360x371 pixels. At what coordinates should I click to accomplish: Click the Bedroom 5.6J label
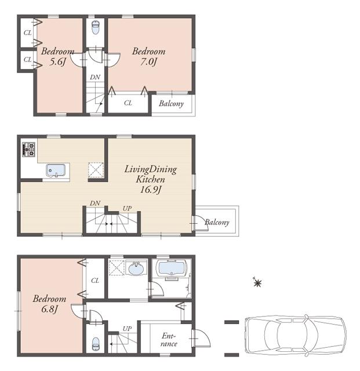57,56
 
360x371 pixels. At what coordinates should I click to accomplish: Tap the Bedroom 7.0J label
148,56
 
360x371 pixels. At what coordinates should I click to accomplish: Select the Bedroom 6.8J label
49,304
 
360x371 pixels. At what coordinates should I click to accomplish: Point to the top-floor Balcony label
172,104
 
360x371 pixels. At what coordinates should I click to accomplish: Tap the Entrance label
169,340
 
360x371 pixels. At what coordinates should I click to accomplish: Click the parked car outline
294,334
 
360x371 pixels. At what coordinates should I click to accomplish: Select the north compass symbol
257,283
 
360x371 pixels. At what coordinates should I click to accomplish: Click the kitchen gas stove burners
28,149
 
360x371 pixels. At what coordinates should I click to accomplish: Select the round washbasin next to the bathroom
137,269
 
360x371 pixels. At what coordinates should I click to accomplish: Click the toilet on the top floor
96,27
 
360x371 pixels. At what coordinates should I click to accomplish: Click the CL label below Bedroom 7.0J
128,103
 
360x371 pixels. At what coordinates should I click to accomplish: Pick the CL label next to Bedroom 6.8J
94,280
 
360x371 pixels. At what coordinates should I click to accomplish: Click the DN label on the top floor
94,77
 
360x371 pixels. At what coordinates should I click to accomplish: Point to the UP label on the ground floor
126,329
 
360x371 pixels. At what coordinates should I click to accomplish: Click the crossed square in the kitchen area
96,170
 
